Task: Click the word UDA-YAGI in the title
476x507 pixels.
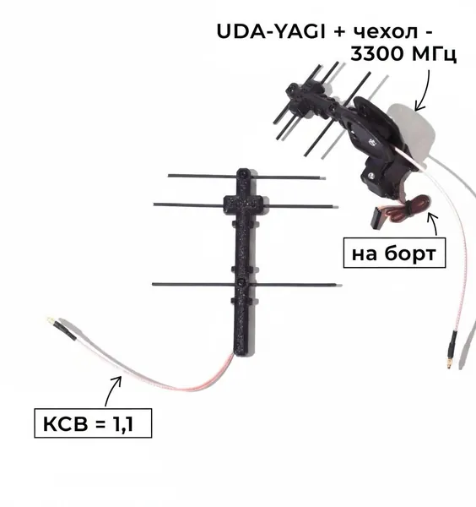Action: pyautogui.click(x=271, y=31)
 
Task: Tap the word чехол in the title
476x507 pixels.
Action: pyautogui.click(x=386, y=32)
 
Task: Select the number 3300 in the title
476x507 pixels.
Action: pyautogui.click(x=376, y=53)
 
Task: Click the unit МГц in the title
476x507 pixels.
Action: pyautogui.click(x=431, y=54)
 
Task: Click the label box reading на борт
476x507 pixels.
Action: pyautogui.click(x=394, y=253)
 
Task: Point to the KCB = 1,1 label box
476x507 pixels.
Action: pyautogui.click(x=93, y=423)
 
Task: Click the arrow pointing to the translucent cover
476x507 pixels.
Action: pyautogui.click(x=424, y=90)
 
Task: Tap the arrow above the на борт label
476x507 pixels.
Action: pyautogui.click(x=433, y=224)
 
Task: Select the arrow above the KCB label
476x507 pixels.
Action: pyautogui.click(x=112, y=390)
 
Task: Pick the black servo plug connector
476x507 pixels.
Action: pyautogui.click(x=377, y=218)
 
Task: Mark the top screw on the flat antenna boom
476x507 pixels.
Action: pyautogui.click(x=243, y=174)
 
